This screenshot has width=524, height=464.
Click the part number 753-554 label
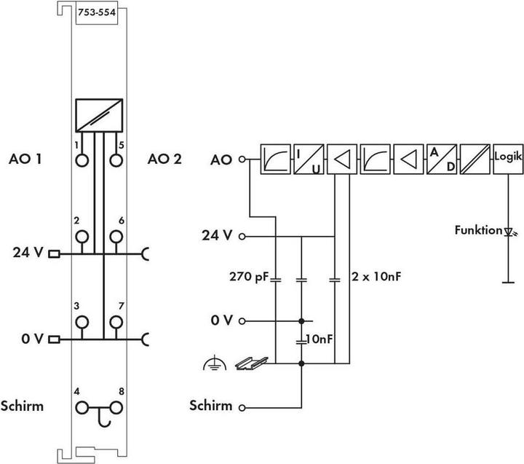(x=97, y=12)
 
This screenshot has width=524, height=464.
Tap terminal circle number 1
(x=82, y=160)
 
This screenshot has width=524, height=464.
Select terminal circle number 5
(x=116, y=160)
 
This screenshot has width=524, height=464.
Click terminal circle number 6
(x=116, y=237)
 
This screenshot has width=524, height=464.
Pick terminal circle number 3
(x=82, y=323)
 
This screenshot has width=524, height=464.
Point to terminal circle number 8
(x=116, y=408)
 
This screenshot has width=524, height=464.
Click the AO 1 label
(x=25, y=159)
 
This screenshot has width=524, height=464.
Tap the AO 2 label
(x=164, y=159)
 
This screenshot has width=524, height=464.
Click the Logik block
(x=508, y=159)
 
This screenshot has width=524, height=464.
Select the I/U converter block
(x=309, y=159)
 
